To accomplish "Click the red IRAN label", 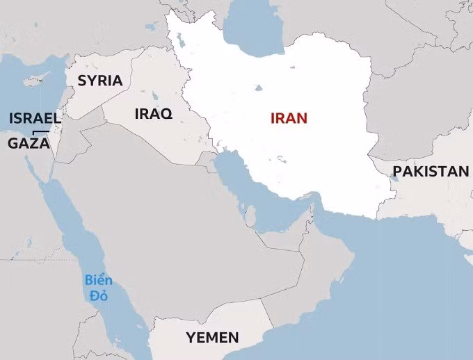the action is pos(289,117).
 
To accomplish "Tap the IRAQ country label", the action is pos(153,114).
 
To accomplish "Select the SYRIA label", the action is pos(100,81).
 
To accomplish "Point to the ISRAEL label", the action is pos(35,117).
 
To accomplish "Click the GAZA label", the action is pos(29,144).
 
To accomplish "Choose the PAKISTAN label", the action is pos(431,171).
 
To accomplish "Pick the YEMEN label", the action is pos(212,338).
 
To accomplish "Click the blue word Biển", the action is pos(98,281).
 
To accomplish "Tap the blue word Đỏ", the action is pos(98,296).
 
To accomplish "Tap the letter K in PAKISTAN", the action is pos(417,171).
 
